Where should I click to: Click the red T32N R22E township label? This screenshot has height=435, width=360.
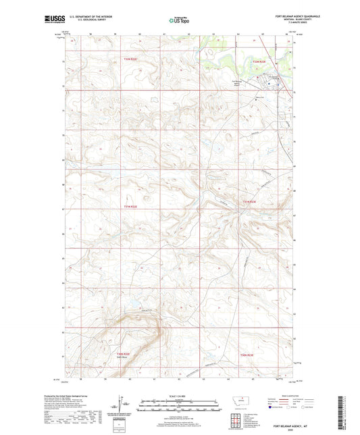pos(130,59)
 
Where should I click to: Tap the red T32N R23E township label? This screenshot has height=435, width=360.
pos(260,61)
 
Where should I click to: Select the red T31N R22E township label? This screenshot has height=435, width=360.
pos(130,206)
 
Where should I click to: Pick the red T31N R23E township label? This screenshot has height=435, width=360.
pos(250,201)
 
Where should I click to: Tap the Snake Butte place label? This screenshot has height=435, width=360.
pos(123,359)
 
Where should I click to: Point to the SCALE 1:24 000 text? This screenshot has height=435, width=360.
pos(180,395)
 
